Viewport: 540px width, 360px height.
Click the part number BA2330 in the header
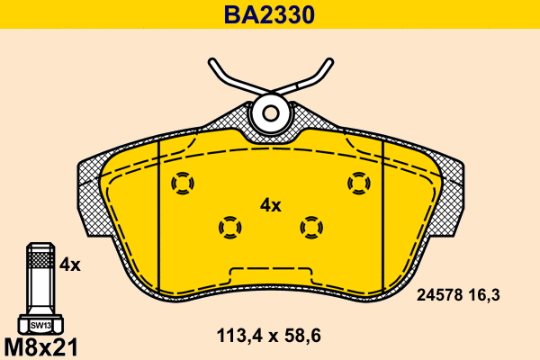coord(269,14)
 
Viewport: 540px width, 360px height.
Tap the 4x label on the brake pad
coord(270,206)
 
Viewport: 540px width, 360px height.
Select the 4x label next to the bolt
coord(70,265)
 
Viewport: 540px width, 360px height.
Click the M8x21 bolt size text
coord(41,346)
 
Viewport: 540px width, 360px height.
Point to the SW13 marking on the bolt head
coord(40,325)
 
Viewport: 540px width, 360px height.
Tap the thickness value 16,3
coord(484,295)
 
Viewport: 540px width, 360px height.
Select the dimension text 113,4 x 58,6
coord(268,335)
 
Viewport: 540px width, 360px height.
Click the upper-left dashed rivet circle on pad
coord(183,183)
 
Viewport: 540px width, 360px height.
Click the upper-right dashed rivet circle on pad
coord(359,183)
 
